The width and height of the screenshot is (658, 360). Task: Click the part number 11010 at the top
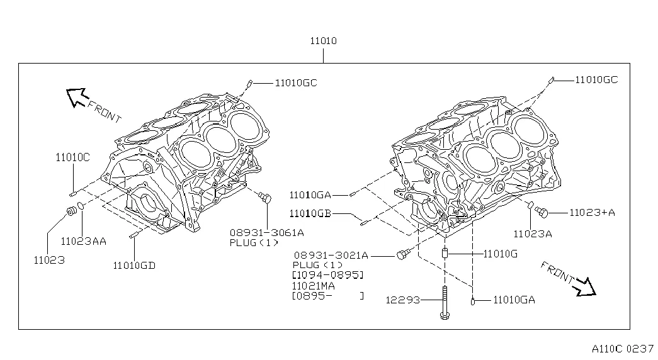click(x=323, y=42)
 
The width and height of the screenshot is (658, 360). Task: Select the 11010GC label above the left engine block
click(x=295, y=82)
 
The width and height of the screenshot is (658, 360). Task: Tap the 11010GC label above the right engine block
click(x=596, y=79)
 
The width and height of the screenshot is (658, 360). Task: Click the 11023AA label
click(x=84, y=240)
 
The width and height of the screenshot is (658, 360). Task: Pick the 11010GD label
click(x=134, y=265)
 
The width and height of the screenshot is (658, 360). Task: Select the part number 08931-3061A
click(x=266, y=232)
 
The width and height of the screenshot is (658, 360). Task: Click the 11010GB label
click(x=310, y=213)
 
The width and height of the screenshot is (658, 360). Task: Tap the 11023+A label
click(x=592, y=212)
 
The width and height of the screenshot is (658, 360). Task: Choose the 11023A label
click(x=532, y=233)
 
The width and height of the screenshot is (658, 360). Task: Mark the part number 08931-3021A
click(x=331, y=255)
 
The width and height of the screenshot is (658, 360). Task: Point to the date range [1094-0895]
click(x=328, y=275)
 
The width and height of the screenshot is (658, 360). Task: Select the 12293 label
click(x=402, y=300)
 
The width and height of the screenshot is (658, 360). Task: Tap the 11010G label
click(x=500, y=254)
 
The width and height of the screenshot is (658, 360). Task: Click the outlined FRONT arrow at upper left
click(x=77, y=97)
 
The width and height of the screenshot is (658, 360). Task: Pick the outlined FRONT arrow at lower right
click(x=586, y=286)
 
